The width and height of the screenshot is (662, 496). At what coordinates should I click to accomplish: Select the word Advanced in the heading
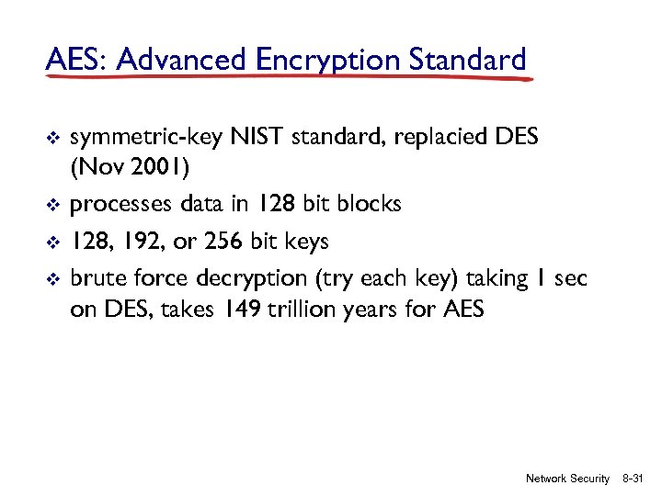[182, 61]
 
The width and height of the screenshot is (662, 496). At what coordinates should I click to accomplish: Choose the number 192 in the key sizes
[153, 241]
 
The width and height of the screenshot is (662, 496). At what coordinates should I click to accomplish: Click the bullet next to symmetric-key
[52, 140]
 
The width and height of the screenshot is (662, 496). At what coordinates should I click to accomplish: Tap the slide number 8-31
[635, 479]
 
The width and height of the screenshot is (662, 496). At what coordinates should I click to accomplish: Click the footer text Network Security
[567, 479]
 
